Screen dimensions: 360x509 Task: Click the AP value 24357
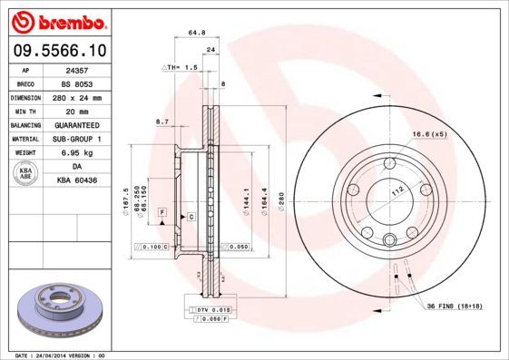[x=77, y=69]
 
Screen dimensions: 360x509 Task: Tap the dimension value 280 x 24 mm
[x=77, y=96]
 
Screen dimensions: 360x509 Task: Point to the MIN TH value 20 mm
[x=77, y=110]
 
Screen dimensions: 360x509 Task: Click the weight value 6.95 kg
[x=77, y=153]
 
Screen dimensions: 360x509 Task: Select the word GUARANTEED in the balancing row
[x=77, y=124]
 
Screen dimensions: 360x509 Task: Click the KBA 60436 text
[x=77, y=180]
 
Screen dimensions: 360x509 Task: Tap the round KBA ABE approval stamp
[x=27, y=173]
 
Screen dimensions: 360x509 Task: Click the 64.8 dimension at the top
[x=194, y=33]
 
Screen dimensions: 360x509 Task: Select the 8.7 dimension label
[x=163, y=121]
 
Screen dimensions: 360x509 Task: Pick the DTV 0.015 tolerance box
[x=210, y=310]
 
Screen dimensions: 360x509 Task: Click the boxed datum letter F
[x=161, y=211]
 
